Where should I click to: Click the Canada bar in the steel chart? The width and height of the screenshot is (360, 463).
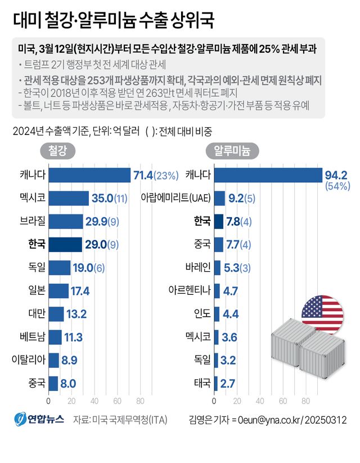pyautogui.click(x=89, y=176)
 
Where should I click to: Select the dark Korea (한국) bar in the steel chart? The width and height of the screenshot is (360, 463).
pyautogui.click(x=65, y=244)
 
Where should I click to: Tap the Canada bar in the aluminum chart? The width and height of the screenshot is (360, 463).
pyautogui.click(x=268, y=176)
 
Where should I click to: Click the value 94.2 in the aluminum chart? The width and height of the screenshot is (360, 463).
pyautogui.click(x=336, y=175)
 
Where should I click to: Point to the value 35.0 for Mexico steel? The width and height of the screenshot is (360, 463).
pyautogui.click(x=102, y=199)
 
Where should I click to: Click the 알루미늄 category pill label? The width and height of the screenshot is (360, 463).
pyautogui.click(x=232, y=151)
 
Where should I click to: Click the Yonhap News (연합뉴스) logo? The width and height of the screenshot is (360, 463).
pyautogui.click(x=39, y=420)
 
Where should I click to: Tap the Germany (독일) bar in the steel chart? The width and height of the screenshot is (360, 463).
pyautogui.click(x=59, y=267)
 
